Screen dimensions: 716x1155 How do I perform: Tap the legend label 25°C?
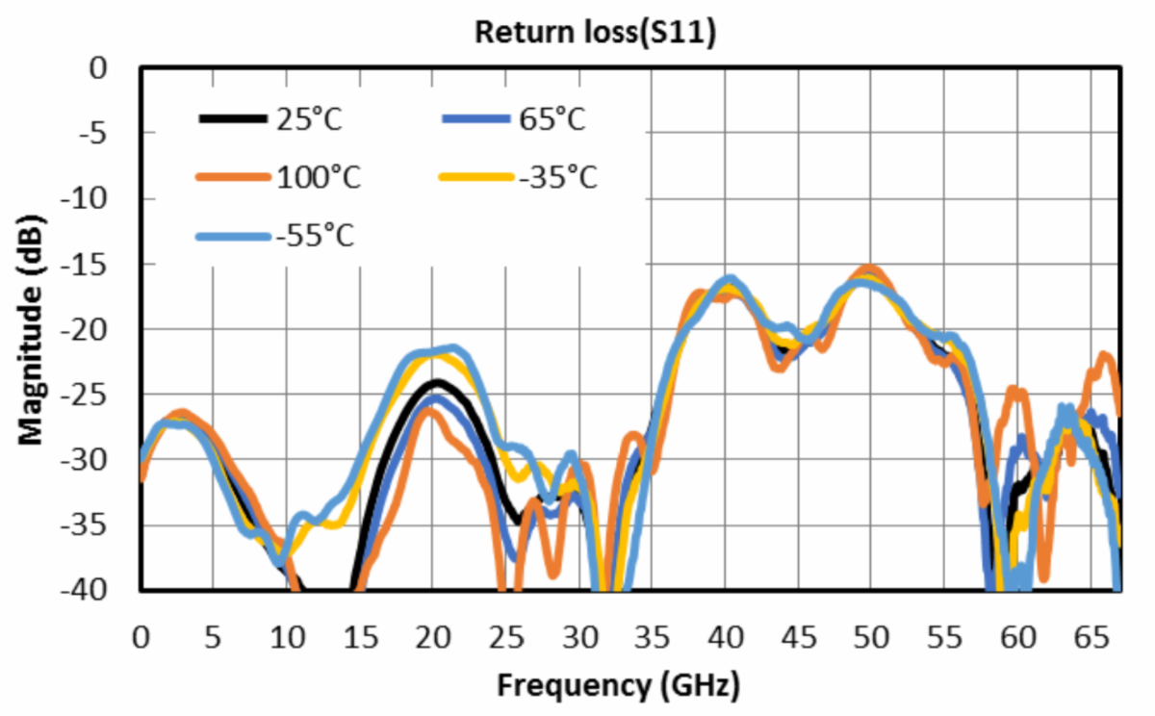point(310,121)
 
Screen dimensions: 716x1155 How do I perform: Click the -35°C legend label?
point(559,178)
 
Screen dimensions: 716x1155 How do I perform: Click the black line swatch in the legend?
point(232,119)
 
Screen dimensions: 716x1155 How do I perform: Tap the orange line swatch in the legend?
point(232,177)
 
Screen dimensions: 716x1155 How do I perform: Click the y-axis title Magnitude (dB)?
point(32,330)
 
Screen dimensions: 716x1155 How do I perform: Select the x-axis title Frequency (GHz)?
point(619,685)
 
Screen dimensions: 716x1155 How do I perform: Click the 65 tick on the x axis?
point(1090,637)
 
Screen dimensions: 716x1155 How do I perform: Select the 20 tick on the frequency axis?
point(433,637)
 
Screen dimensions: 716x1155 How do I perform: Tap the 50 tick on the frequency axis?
point(871,637)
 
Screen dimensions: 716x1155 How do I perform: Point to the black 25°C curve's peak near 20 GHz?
point(435,383)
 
